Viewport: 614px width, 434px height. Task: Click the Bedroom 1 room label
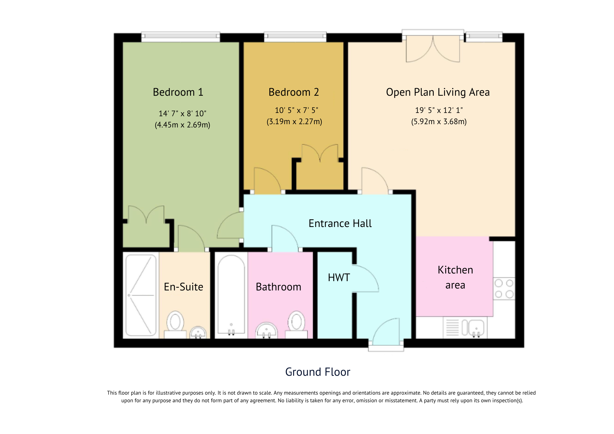click(x=178, y=92)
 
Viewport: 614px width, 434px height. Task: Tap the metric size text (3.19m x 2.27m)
click(x=294, y=121)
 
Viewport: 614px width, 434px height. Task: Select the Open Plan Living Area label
click(x=438, y=92)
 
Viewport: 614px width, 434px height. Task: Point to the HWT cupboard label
click(x=339, y=278)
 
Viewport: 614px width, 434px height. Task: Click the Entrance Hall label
click(x=340, y=223)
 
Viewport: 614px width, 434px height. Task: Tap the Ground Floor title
click(x=318, y=372)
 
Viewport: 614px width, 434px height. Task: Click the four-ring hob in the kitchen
click(x=504, y=289)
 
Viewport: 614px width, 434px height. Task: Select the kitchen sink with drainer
click(x=465, y=328)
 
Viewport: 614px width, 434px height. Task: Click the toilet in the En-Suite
click(x=175, y=323)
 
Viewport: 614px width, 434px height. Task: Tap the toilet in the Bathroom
click(x=296, y=323)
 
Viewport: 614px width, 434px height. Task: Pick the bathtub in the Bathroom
click(x=231, y=294)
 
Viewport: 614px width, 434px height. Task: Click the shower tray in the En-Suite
click(x=141, y=295)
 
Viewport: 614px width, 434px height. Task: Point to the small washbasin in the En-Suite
click(x=198, y=332)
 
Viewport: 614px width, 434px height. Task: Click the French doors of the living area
click(x=433, y=49)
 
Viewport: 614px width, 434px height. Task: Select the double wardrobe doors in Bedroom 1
click(x=146, y=215)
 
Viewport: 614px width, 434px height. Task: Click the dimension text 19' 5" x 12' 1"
click(x=439, y=110)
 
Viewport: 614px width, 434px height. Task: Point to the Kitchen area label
click(x=455, y=277)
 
